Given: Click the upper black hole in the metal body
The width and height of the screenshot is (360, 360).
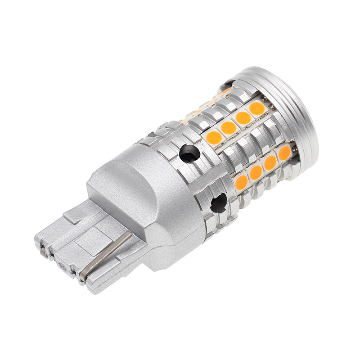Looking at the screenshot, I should click(189, 154).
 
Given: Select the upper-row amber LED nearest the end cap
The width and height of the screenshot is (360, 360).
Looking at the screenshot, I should click(257, 108).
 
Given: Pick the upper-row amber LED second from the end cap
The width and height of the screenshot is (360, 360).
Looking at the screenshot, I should click(243, 118).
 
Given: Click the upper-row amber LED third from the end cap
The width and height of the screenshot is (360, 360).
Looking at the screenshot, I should click(229, 128).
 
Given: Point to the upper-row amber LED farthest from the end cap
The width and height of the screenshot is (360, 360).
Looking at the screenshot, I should click(214, 137).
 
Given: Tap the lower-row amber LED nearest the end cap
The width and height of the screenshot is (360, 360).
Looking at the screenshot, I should click(284, 153).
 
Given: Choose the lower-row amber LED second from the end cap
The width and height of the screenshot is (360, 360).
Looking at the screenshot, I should click(270, 162).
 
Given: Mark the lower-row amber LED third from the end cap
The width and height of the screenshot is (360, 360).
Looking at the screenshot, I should click(256, 172).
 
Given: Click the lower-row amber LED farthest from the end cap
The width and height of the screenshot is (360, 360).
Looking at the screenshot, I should click(242, 182).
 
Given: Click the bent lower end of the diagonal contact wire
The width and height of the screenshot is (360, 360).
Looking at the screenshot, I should click(84, 273).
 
